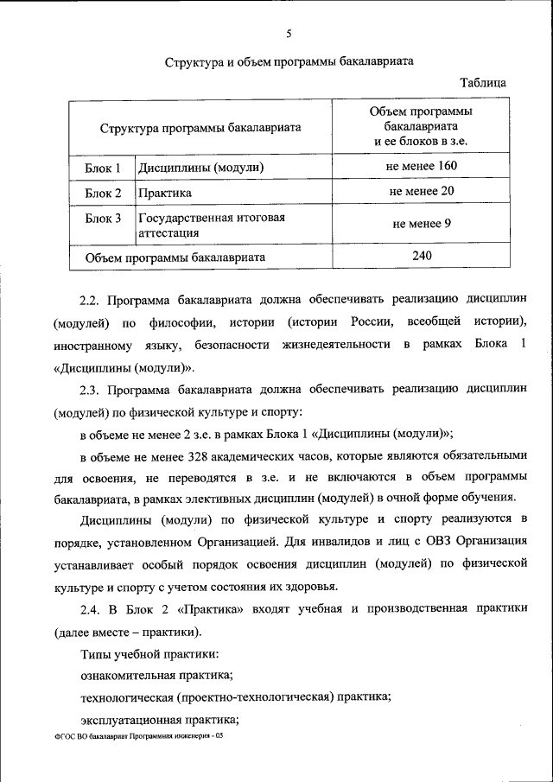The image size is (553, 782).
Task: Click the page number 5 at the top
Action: pyautogui.click(x=289, y=34)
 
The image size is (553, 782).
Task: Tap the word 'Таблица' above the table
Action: pyautogui.click(x=483, y=83)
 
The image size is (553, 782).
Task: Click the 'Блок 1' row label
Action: pyautogui.click(x=103, y=167)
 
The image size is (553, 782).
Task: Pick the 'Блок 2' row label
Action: pyautogui.click(x=103, y=193)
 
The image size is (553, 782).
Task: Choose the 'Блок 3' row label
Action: pyautogui.click(x=103, y=219)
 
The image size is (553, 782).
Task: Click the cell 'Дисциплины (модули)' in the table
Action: pyautogui.click(x=200, y=167)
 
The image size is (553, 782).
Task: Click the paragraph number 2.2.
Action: pyautogui.click(x=90, y=299)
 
